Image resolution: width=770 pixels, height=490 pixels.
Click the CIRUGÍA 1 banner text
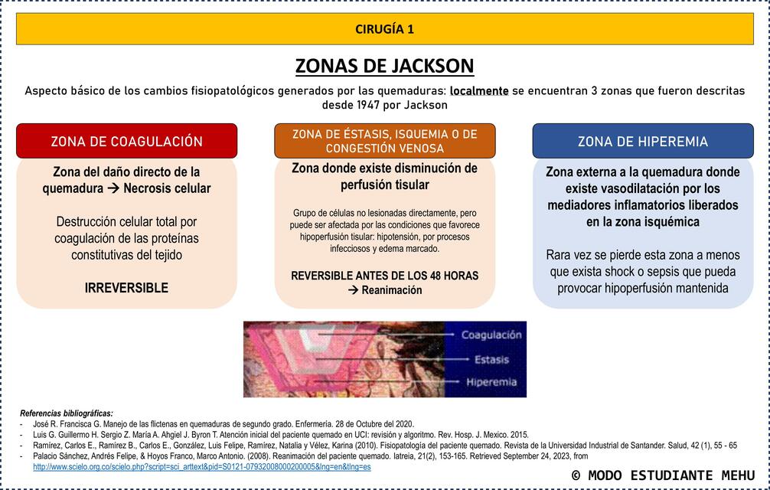click(384, 29)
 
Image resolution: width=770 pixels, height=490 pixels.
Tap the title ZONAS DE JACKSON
click(384, 66)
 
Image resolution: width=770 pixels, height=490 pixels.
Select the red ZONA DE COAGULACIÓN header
click(126, 142)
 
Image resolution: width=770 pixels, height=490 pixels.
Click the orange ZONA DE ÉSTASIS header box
click(384, 141)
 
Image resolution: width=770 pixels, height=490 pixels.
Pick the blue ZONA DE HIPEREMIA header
click(642, 142)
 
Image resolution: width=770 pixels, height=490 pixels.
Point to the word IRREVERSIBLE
click(126, 288)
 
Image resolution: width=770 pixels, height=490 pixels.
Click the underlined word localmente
click(479, 90)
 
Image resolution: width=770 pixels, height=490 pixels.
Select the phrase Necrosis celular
click(167, 188)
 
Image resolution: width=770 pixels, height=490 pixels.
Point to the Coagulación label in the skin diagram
click(491, 335)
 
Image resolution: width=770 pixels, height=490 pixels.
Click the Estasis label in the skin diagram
click(491, 359)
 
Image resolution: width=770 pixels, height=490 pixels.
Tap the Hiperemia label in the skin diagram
click(491, 382)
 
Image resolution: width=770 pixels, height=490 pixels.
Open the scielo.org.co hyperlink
click(201, 466)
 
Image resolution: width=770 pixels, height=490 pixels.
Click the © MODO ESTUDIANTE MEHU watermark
click(662, 475)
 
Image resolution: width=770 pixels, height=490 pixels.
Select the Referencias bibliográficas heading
click(66, 413)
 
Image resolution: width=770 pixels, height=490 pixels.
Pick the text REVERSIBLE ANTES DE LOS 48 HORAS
click(384, 276)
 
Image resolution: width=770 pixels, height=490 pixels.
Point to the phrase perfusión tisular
click(384, 185)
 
